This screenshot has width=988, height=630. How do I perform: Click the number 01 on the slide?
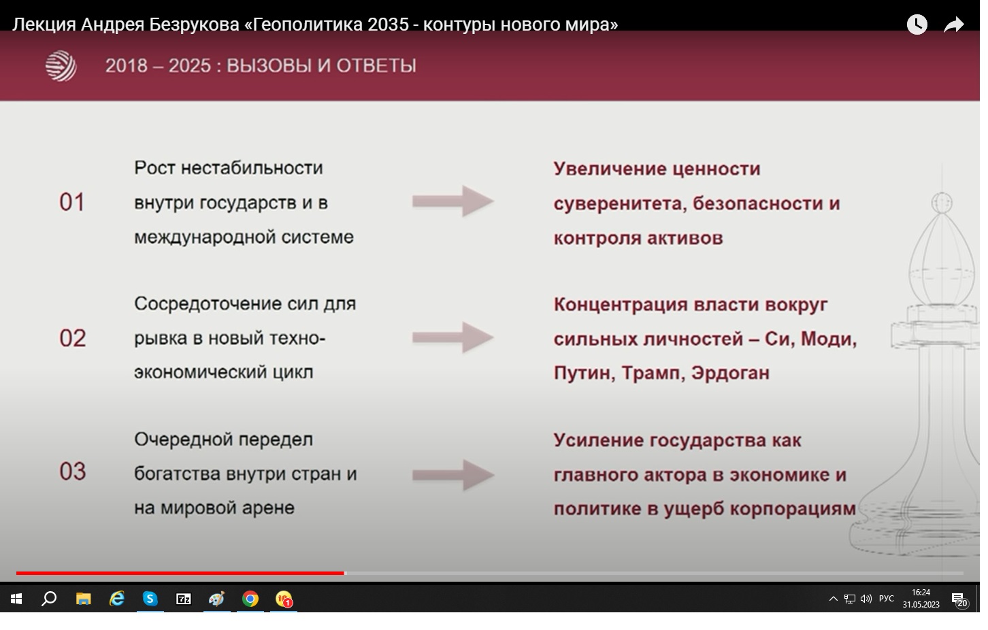pos(72,202)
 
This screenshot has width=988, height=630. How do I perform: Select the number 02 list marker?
pos(73,338)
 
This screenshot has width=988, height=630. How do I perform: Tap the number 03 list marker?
pos(73,471)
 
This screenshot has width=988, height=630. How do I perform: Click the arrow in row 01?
pos(453,201)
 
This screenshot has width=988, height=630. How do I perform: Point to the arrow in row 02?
pos(453,337)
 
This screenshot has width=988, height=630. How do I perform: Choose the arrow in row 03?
pos(453,475)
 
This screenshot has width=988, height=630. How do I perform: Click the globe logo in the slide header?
pos(61,66)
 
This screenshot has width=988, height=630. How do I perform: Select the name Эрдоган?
pos(730,374)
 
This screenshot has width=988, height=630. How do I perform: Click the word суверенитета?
pos(620,204)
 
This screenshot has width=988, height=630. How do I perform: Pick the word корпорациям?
pos(793,509)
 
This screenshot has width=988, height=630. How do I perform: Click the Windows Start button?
pos(16,599)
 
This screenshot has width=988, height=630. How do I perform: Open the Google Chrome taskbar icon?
pos(250,599)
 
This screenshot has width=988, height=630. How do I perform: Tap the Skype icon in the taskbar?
pos(150,599)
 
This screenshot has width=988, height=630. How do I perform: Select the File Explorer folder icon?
pos(84,599)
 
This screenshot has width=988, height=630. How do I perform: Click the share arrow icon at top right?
pos(953,24)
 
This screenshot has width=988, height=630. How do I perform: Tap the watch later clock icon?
pos(917,24)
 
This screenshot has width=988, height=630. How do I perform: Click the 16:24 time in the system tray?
pos(921,593)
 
